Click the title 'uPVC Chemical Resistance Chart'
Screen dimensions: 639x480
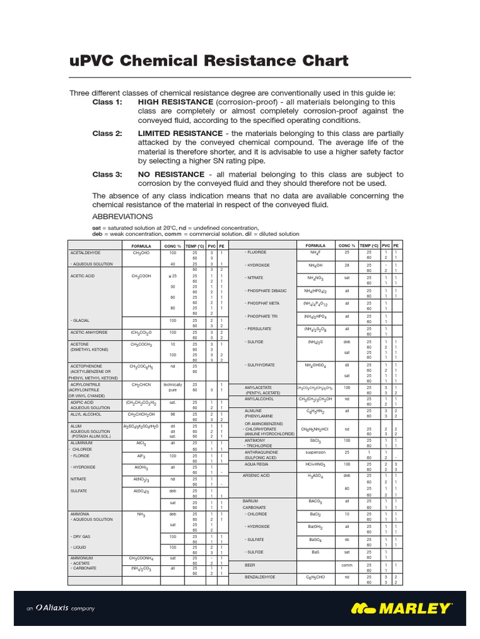tap(208, 61)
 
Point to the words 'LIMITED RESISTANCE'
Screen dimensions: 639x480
tap(180, 134)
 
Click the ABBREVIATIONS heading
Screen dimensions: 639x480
tap(122, 216)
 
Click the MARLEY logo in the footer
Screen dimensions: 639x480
tap(401, 607)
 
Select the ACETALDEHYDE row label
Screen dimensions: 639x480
tap(86, 253)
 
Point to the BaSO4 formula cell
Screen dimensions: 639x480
tap(315, 539)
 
